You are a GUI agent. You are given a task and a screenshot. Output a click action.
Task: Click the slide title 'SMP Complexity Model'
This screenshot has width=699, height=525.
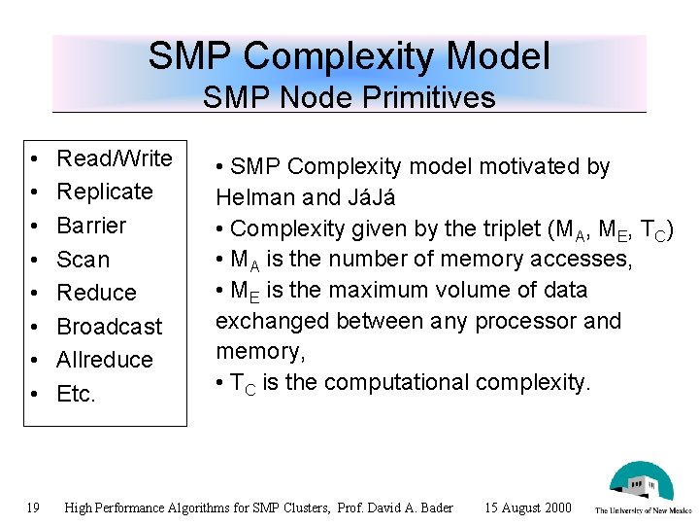tap(349, 56)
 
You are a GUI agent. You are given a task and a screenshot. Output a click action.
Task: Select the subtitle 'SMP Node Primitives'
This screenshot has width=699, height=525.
tap(349, 97)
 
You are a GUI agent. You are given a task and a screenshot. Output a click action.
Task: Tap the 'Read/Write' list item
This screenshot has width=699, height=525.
tap(114, 158)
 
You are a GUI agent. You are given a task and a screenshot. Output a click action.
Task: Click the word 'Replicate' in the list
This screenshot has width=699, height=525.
tap(105, 192)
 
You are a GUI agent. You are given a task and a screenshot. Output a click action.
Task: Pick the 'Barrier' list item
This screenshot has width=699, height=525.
tap(91, 226)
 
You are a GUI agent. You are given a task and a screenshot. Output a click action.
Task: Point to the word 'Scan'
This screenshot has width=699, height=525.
tap(83, 260)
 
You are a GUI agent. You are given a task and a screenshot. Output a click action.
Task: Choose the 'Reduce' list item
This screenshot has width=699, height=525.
tap(96, 293)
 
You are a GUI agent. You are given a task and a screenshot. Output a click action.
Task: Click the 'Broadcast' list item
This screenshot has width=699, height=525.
tap(110, 327)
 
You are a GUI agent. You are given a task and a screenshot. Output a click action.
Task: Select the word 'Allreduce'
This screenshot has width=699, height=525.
tap(105, 360)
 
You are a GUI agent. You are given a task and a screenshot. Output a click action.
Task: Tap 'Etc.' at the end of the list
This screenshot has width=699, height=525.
tap(77, 394)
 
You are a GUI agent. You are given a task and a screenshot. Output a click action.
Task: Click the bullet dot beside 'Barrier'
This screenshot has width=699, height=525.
tap(33, 227)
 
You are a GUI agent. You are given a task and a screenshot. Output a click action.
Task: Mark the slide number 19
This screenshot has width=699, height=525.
tap(33, 507)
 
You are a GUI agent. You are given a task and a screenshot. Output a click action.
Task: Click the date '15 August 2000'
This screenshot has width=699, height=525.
tap(527, 507)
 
